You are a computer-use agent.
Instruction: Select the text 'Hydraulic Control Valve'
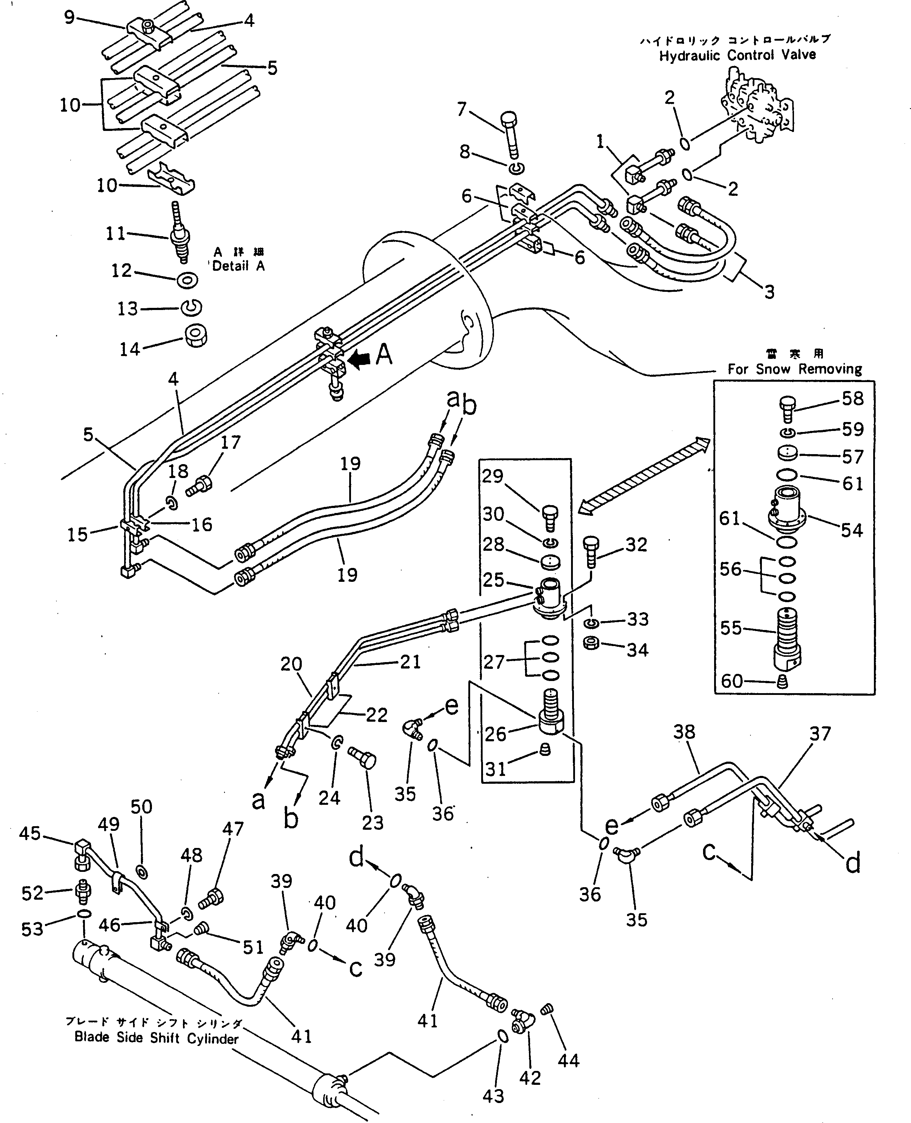click(x=737, y=55)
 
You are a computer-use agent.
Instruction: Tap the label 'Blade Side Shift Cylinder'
click(x=156, y=1038)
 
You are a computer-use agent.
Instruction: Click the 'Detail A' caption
click(x=238, y=266)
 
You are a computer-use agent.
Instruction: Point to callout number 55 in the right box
click(x=731, y=628)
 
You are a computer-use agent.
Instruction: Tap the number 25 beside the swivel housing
click(x=493, y=579)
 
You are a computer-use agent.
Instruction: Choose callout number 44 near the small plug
click(x=568, y=1061)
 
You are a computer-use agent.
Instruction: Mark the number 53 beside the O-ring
click(x=32, y=929)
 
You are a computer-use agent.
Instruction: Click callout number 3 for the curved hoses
click(x=769, y=292)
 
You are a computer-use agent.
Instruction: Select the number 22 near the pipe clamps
click(x=377, y=715)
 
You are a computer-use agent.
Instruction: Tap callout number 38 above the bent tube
click(x=684, y=732)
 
